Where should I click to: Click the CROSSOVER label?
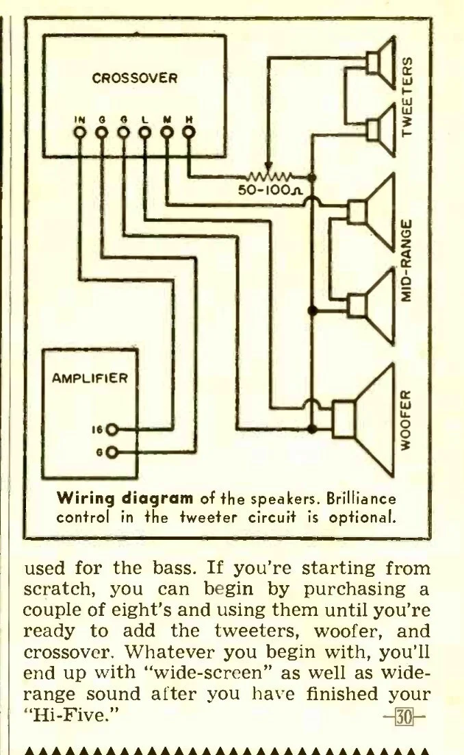135,78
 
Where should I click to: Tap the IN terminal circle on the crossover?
80,132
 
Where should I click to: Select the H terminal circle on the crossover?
188,132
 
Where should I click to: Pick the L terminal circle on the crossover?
145,132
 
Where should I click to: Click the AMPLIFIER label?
90,378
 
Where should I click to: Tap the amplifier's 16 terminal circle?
112,430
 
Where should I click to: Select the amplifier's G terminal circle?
112,452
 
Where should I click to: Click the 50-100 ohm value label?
271,190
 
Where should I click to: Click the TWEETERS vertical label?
407,97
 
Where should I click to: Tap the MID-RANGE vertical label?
407,260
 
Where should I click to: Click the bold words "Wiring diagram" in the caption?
125,498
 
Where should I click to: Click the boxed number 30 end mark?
404,717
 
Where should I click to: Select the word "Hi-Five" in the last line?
70,715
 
